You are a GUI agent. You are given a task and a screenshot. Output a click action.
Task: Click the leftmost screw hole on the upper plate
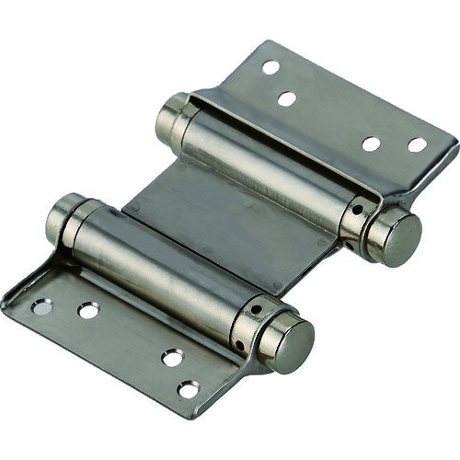[x=270, y=67]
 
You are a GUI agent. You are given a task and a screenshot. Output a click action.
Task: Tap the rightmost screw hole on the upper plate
[x=418, y=144]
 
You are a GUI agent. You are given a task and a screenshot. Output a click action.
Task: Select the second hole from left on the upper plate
[x=287, y=98]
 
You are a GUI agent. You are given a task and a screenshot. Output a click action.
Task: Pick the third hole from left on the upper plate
[x=373, y=144]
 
